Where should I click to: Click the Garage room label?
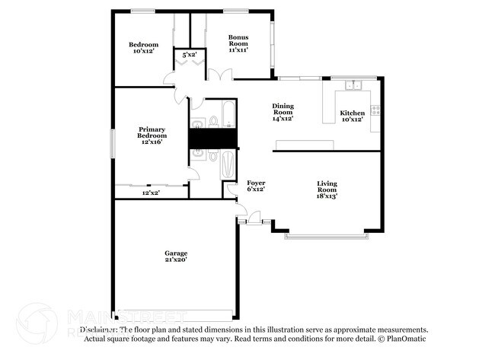[x=176, y=256]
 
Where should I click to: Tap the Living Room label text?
[x=327, y=189]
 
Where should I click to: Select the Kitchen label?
[x=352, y=116]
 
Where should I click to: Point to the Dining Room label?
[x=283, y=112]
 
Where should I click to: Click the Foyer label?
[x=256, y=186]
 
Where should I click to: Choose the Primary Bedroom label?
[x=152, y=135]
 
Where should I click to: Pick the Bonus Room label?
[x=238, y=42]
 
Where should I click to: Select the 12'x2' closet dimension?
[x=151, y=193]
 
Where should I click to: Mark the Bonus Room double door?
[x=220, y=75]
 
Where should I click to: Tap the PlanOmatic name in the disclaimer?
[x=410, y=338]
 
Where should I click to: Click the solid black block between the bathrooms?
[x=213, y=139]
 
